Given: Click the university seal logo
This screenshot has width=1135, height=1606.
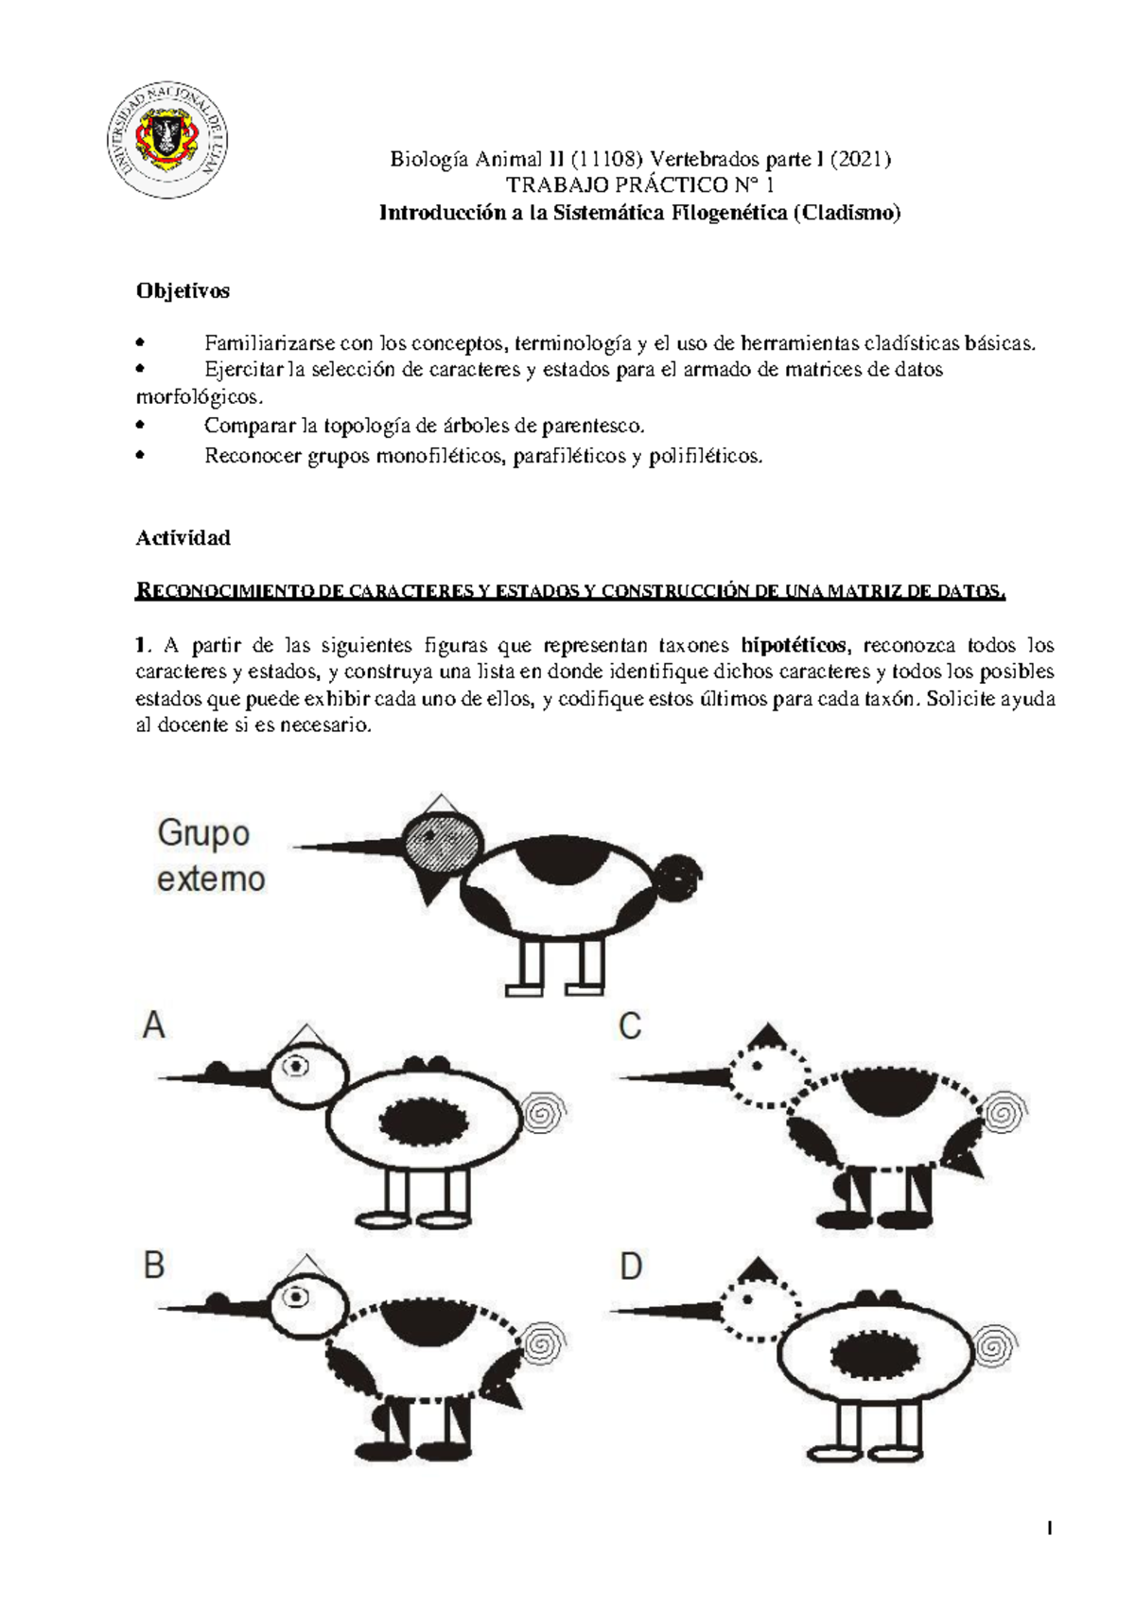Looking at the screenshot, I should (x=166, y=140).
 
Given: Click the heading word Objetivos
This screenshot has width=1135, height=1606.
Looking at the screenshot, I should (x=183, y=291).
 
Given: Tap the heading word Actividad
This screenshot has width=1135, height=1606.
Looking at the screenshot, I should (x=183, y=538).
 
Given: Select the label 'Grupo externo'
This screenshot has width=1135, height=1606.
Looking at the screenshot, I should (x=210, y=856).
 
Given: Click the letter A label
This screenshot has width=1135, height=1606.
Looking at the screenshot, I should (x=154, y=1025).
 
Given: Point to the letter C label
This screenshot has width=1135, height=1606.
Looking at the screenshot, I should (x=630, y=1026).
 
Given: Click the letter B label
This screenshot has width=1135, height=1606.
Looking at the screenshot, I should (x=154, y=1266).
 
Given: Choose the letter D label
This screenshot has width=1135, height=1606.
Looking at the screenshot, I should (x=631, y=1266).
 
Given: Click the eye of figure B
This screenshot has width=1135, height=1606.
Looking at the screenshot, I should (x=297, y=1298).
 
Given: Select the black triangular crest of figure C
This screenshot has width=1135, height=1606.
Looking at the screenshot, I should (x=767, y=1036).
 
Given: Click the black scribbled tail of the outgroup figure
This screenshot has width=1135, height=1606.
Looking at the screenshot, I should (x=679, y=876).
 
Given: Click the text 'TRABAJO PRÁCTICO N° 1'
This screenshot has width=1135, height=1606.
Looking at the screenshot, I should (x=639, y=185).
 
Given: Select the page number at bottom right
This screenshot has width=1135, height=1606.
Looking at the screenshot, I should (x=1050, y=1528).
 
